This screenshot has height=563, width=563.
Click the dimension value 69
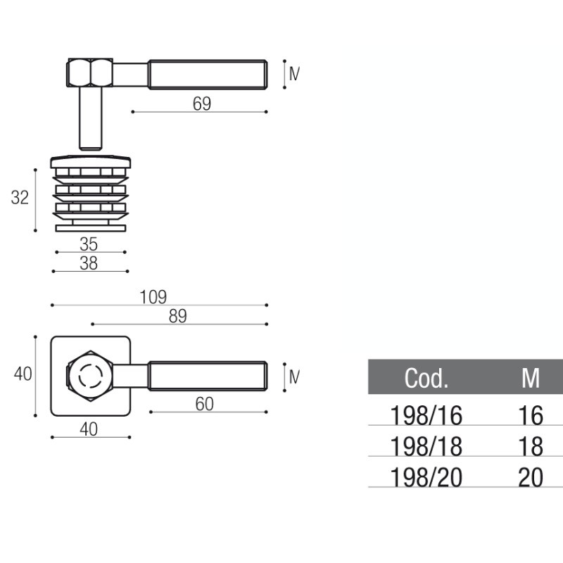[201, 103]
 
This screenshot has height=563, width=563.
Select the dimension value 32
[20, 198]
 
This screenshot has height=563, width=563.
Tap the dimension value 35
[89, 244]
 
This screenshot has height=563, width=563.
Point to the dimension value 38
[89, 263]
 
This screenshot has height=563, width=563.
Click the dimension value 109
[153, 297]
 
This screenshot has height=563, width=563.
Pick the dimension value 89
[177, 316]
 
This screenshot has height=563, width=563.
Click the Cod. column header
[426, 379]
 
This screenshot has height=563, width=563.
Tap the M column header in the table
[530, 379]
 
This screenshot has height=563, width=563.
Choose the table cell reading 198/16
[426, 416]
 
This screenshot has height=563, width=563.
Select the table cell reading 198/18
[426, 447]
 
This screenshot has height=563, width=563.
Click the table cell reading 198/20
[426, 478]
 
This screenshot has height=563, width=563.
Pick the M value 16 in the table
[531, 416]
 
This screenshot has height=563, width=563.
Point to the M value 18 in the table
[531, 447]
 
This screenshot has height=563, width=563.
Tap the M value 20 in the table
[531, 478]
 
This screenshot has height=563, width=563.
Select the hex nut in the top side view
[89, 72]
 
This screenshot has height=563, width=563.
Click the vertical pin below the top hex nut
[89, 117]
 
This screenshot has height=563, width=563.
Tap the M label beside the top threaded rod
[294, 72]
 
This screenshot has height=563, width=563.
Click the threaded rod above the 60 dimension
[208, 376]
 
